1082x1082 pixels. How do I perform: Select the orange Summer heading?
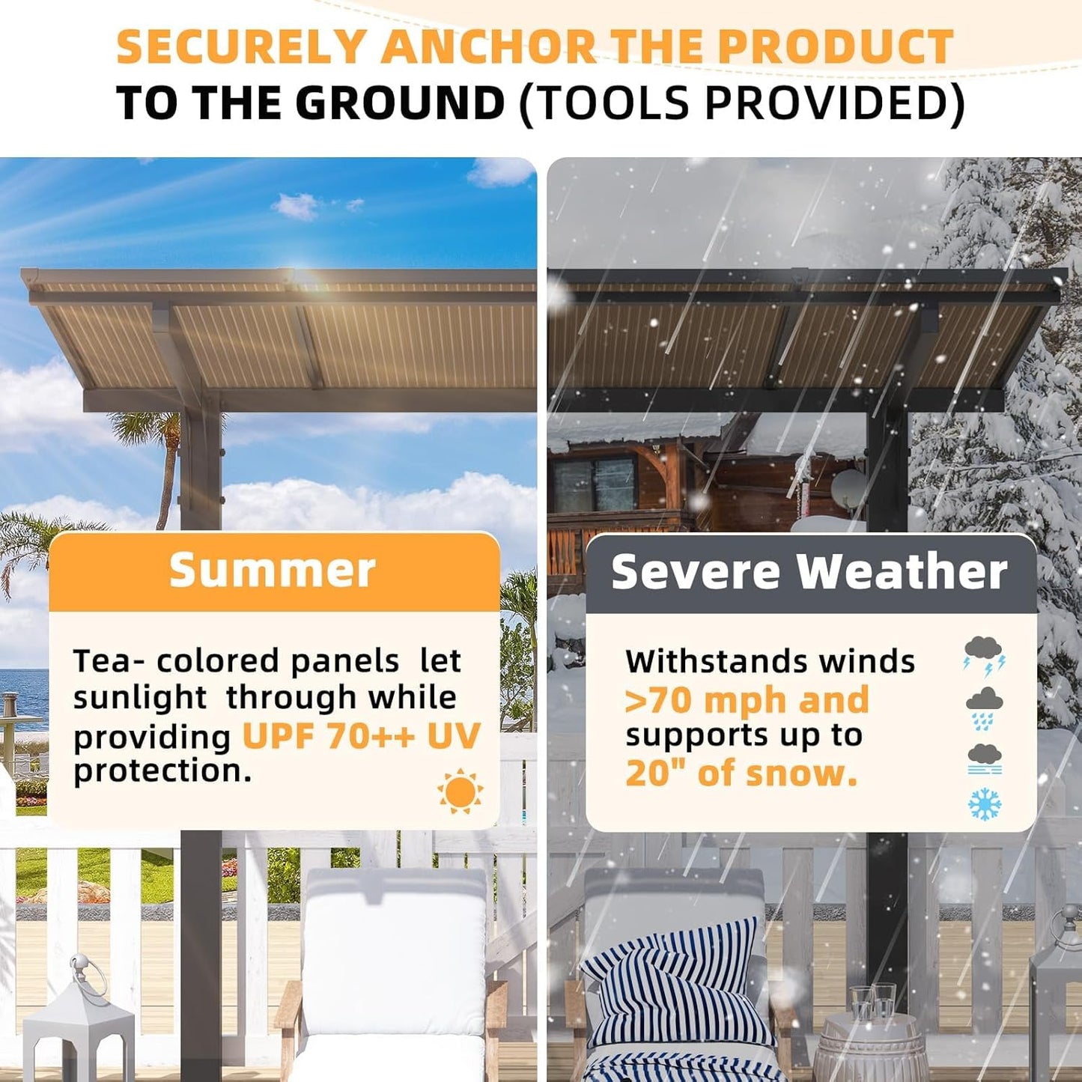(x=273, y=571)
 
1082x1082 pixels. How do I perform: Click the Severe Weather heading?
(x=809, y=573)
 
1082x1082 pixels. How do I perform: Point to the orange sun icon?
(x=460, y=791)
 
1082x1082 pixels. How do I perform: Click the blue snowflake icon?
(x=984, y=803)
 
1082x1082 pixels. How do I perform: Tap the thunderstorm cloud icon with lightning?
(x=984, y=655)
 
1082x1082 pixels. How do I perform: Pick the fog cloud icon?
(x=984, y=759)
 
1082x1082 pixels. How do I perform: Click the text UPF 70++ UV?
(x=361, y=737)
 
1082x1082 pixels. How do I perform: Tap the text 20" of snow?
(x=741, y=773)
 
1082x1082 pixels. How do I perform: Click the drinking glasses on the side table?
(x=873, y=1003)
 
